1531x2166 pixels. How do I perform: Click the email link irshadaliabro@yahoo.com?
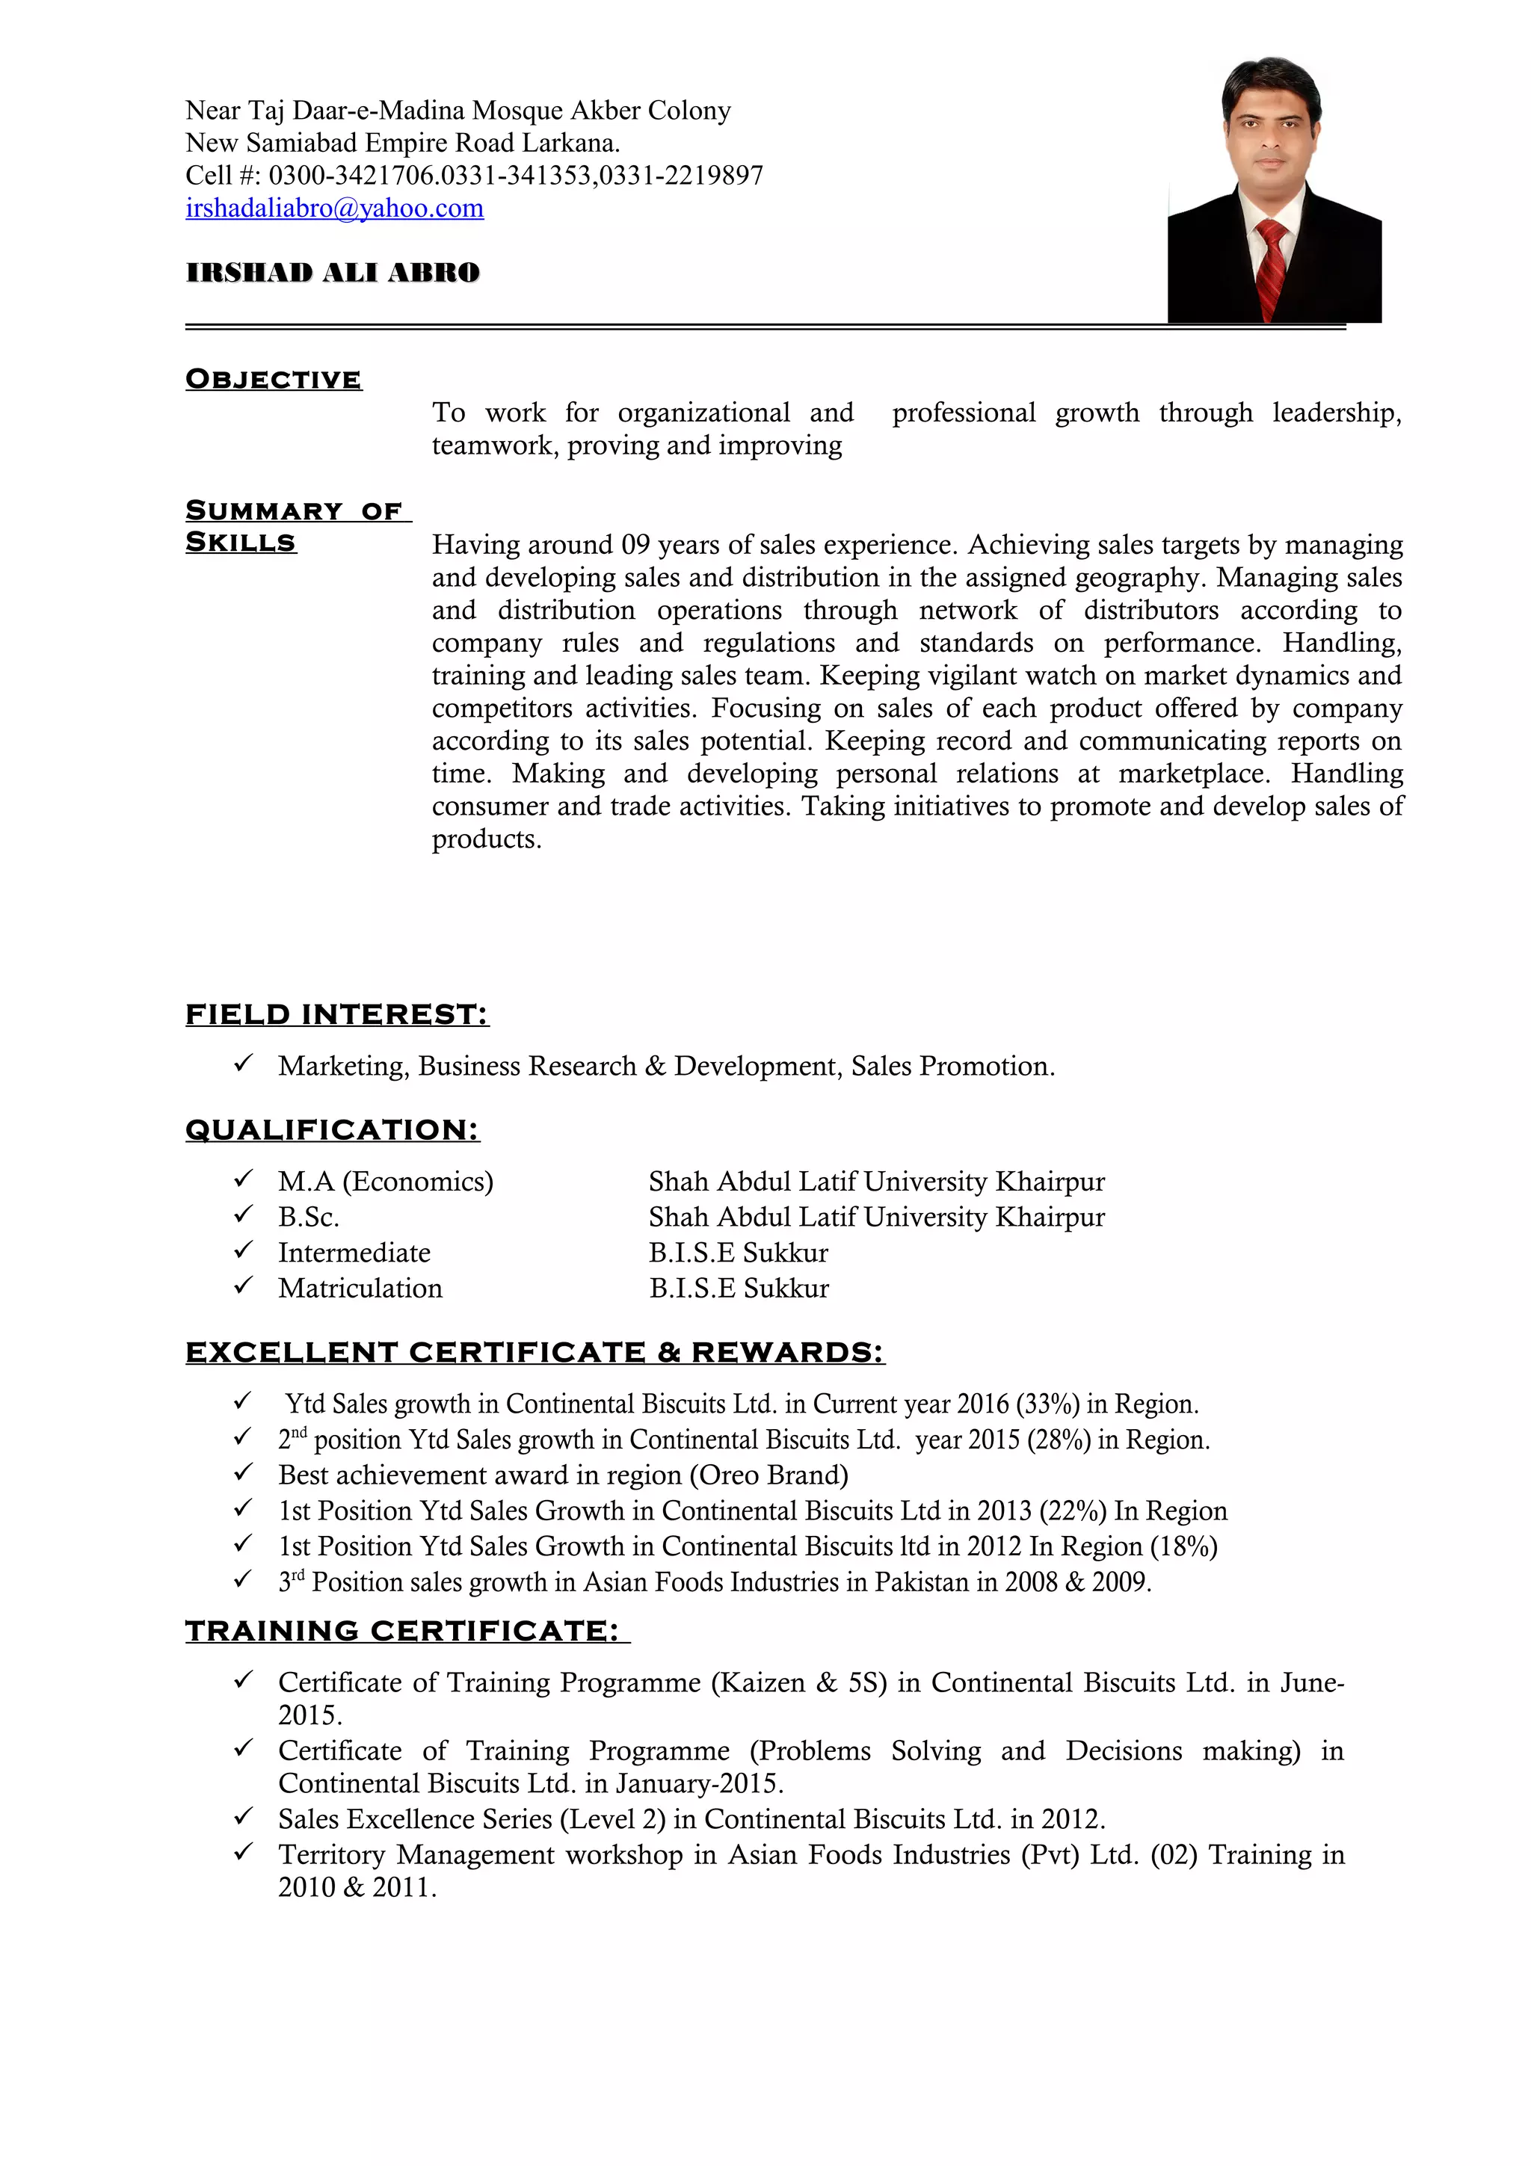[334, 209]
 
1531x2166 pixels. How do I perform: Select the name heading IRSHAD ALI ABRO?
[333, 273]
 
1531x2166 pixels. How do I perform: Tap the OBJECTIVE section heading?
[274, 379]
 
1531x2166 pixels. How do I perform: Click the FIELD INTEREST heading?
[336, 1014]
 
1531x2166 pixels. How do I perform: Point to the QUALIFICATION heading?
[332, 1129]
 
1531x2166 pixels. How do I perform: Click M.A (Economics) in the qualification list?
[385, 1181]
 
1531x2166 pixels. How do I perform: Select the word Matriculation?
[360, 1288]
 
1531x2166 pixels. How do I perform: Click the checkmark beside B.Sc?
[244, 1215]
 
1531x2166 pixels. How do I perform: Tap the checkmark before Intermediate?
[244, 1251]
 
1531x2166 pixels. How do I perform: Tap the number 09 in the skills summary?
[635, 544]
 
